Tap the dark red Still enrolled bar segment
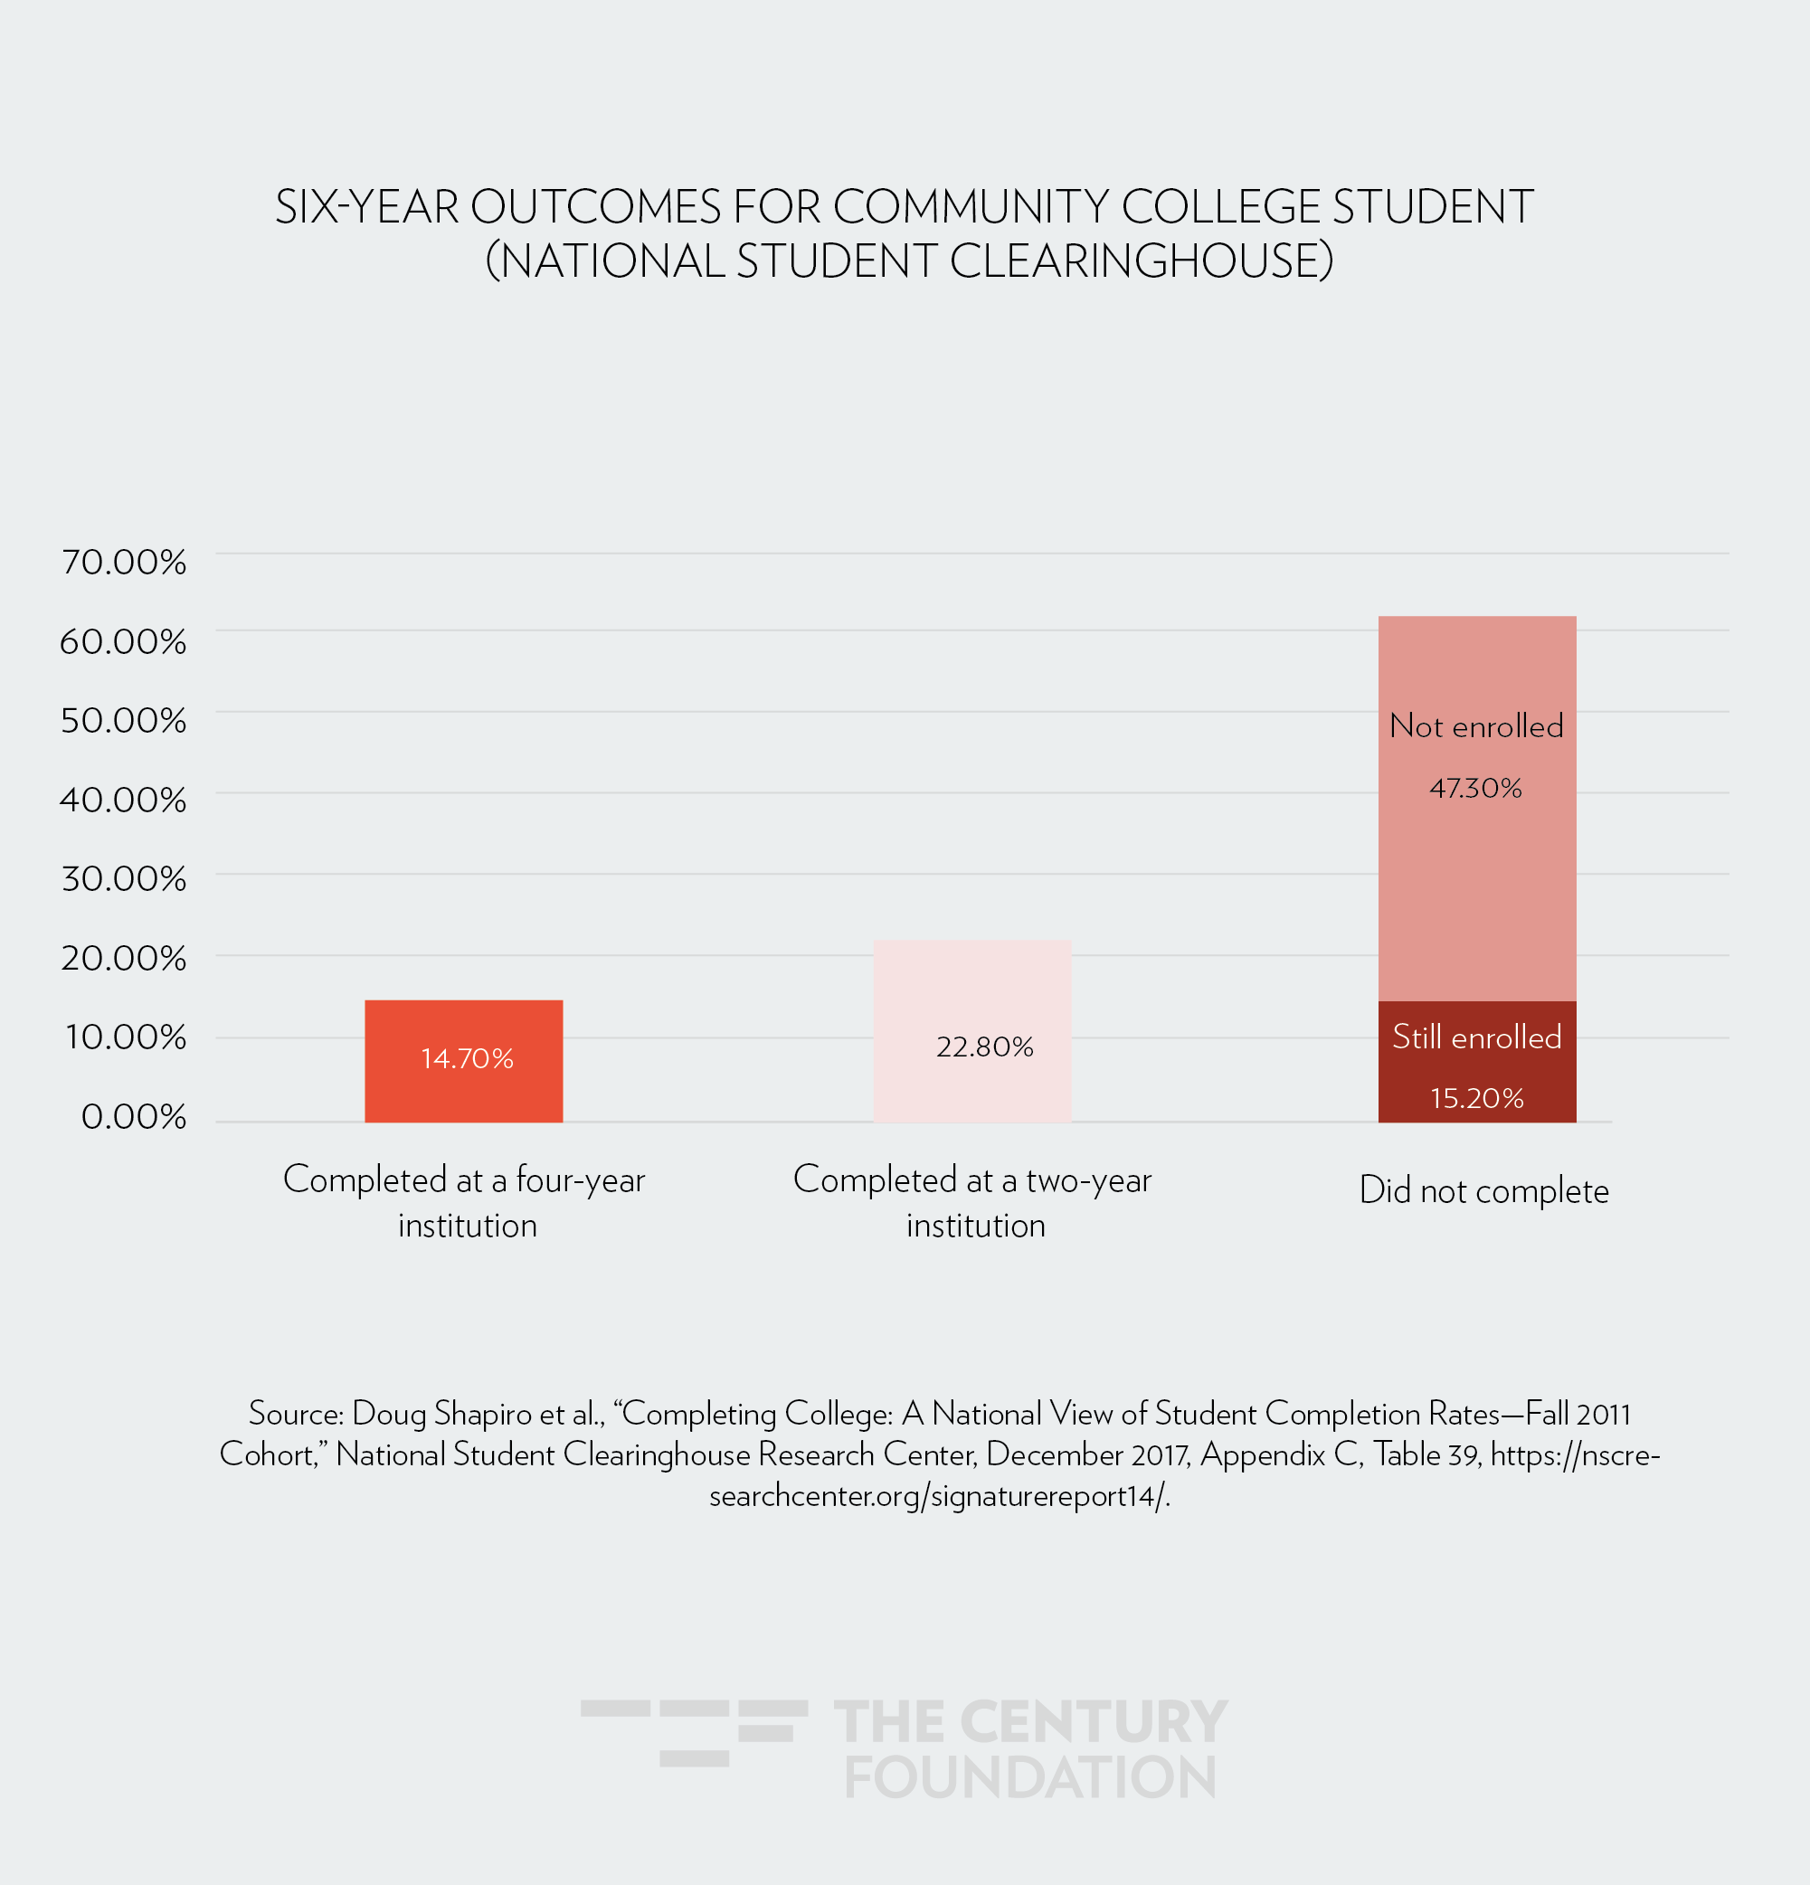[x=1476, y=1067]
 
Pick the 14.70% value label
[x=468, y=1059]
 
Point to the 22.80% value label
[x=985, y=1047]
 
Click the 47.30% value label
[x=1476, y=789]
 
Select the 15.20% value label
[x=1477, y=1098]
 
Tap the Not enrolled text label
[x=1476, y=726]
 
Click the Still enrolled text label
[x=1477, y=1037]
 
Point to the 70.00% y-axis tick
[x=124, y=562]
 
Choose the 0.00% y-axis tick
[x=134, y=1116]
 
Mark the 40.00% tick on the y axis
[x=124, y=800]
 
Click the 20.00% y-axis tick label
[x=124, y=958]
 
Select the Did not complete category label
[x=1484, y=1190]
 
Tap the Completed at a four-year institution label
[x=465, y=1202]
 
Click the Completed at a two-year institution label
[x=972, y=1202]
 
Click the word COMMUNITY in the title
[x=971, y=208]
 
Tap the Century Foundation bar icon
[x=695, y=1732]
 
